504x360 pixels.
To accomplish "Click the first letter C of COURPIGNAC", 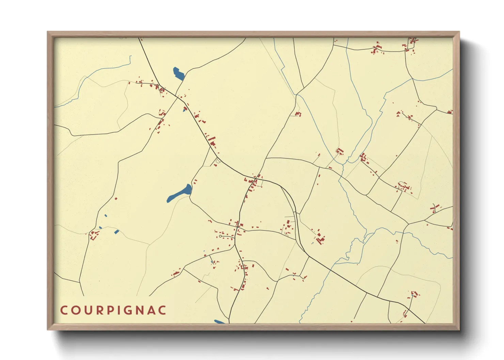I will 64,310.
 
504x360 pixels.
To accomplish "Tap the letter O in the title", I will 76,310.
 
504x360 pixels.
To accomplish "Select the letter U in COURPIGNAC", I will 88,310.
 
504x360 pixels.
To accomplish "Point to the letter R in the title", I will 99,310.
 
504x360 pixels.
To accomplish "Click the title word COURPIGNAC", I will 113,310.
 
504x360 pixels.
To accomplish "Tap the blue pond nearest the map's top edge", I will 178,73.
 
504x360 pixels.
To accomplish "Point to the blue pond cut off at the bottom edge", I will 219,322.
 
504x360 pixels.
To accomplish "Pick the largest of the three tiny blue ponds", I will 116,232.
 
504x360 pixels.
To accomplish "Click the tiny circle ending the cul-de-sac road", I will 220,236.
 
